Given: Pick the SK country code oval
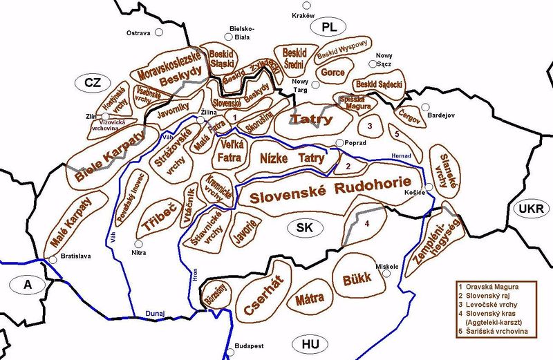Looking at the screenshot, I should (x=306, y=228).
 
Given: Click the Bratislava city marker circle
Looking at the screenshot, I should (x=53, y=260).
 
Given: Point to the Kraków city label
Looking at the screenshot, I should (x=304, y=15).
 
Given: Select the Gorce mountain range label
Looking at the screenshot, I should (x=333, y=72).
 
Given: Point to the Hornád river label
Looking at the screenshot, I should (x=401, y=155).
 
